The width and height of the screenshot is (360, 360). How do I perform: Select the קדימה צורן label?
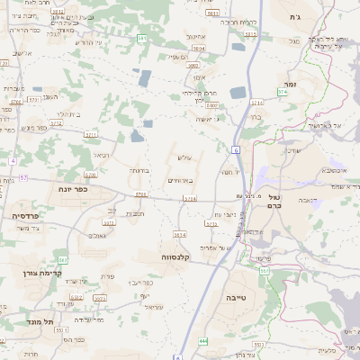pyautogui.click(x=38, y=272)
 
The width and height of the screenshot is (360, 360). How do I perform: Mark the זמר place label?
pyautogui.click(x=289, y=83)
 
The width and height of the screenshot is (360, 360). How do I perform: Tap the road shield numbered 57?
pyautogui.click(x=24, y=177)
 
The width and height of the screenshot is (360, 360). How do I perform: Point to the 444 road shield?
pyautogui.click(x=203, y=340)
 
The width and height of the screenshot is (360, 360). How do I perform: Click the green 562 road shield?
pyautogui.click(x=60, y=257)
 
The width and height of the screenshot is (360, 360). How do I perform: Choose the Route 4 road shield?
pyautogui.click(x=13, y=160)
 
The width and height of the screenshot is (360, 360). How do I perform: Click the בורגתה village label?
pyautogui.click(x=138, y=169)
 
